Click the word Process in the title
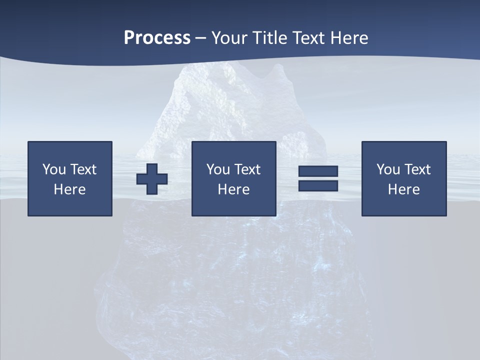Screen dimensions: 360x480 click(157, 38)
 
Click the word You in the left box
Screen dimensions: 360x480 click(54, 169)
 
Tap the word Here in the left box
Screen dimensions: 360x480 click(69, 189)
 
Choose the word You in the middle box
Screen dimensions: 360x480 click(218, 169)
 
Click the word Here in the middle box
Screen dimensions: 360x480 click(233, 189)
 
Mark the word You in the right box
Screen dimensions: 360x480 click(388, 169)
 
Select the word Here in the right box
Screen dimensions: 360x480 click(403, 189)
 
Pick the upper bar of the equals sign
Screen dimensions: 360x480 click(318, 171)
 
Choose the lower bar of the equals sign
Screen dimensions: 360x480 click(318, 185)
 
